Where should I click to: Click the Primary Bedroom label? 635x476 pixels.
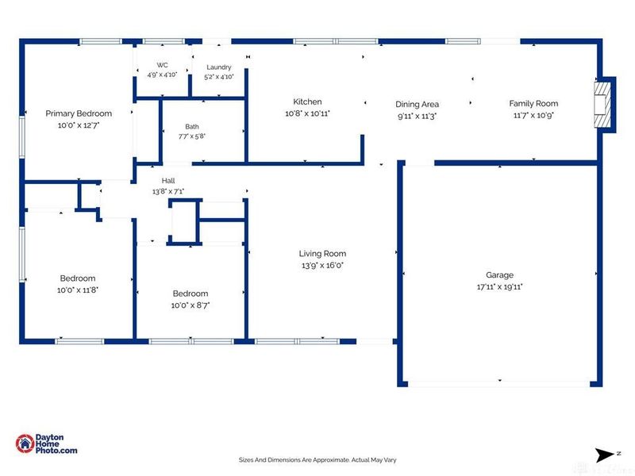click(x=79, y=113)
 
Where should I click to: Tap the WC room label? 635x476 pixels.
click(x=163, y=65)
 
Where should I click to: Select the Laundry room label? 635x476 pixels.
click(x=219, y=67)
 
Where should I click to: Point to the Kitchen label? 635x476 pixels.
click(x=307, y=102)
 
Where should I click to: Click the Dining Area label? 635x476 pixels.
click(x=418, y=105)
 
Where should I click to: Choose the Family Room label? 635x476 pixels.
click(x=533, y=104)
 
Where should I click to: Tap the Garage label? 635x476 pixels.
click(x=500, y=275)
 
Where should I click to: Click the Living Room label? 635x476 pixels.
click(x=323, y=254)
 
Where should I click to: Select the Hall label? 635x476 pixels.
click(x=168, y=181)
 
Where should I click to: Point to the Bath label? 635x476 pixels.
click(x=192, y=127)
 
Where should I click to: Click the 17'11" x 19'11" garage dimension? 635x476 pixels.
click(x=500, y=287)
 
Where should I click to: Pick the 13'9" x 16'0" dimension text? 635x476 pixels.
click(x=322, y=266)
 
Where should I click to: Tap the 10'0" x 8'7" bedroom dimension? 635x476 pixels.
click(x=190, y=305)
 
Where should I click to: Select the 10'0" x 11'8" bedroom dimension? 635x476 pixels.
click(x=78, y=290)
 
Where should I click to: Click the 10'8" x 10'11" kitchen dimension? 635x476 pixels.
click(x=307, y=113)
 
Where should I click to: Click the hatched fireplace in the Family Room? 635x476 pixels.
click(x=602, y=105)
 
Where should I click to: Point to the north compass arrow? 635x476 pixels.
click(x=605, y=455)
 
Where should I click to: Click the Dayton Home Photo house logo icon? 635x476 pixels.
click(x=25, y=443)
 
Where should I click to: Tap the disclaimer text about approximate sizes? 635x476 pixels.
click(x=317, y=460)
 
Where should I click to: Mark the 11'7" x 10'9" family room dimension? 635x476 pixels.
click(x=533, y=115)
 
